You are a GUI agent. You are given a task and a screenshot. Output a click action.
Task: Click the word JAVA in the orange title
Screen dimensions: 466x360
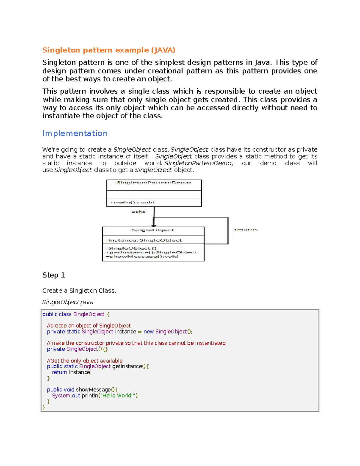point(163,50)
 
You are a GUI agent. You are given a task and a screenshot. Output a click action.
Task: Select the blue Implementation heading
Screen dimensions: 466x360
point(75,133)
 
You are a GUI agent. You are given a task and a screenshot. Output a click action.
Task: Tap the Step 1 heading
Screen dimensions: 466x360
point(54,275)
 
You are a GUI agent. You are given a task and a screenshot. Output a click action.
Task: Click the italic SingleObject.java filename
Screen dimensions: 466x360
point(68,302)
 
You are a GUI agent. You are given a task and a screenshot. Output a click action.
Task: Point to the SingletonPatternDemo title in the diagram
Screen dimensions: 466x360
point(154,183)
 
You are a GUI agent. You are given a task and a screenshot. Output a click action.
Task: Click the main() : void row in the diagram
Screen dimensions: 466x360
point(133,203)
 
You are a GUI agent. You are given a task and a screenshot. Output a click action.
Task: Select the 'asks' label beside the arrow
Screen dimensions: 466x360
point(138,212)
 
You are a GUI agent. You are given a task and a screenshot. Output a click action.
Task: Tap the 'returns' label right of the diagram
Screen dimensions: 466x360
point(246,230)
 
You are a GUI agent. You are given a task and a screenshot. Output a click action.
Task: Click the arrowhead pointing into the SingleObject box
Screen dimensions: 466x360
point(154,225)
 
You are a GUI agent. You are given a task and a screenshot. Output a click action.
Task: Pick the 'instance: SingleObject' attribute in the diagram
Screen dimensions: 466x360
point(145,240)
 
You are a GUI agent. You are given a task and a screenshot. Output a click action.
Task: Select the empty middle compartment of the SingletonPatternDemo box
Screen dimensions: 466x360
point(154,194)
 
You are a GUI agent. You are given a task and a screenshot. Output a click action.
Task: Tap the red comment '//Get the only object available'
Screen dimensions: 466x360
point(85,361)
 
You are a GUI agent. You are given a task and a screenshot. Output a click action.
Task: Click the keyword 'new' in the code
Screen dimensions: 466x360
point(148,332)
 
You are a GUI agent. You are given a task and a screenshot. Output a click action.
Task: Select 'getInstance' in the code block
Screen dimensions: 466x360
point(127,366)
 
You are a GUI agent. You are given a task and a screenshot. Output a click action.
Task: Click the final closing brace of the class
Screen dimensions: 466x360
point(44,407)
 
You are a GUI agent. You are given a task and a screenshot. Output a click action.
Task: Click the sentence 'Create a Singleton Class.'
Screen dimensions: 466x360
point(79,291)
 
